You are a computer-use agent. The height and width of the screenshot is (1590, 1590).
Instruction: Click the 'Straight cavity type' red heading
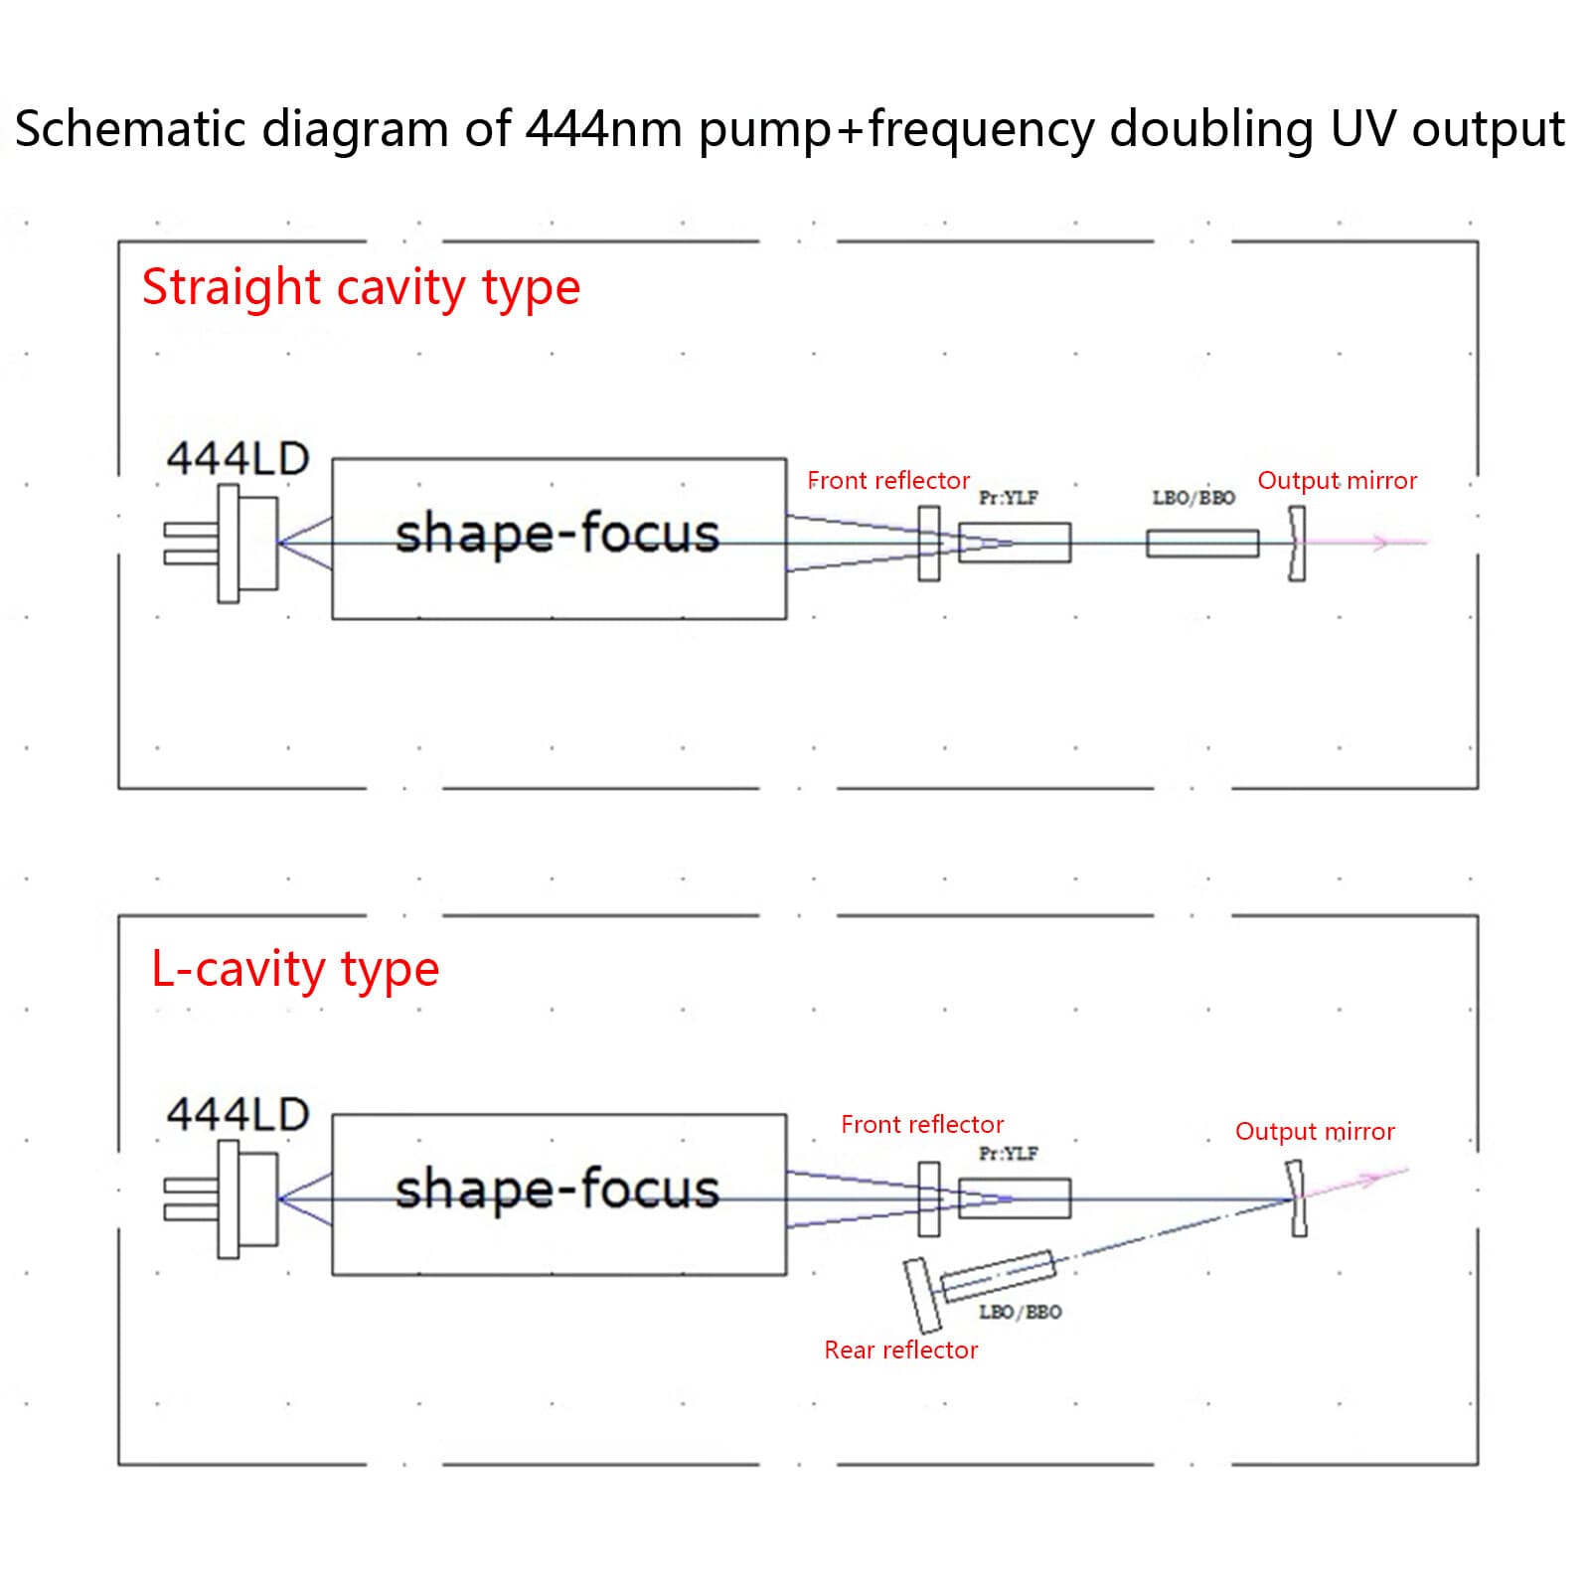361,288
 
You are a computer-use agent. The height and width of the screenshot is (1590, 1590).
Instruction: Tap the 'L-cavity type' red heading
295,969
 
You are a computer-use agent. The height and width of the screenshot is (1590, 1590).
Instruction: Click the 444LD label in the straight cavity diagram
238,459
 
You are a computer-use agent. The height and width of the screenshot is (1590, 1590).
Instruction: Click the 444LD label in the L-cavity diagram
238,1115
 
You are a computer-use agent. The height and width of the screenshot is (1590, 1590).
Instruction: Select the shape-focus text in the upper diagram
556,534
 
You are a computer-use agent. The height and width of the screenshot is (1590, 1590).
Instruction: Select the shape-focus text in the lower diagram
556,1190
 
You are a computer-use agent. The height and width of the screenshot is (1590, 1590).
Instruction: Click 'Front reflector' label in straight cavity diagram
888,481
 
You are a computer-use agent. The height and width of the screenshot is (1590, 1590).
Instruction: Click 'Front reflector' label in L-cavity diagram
922,1125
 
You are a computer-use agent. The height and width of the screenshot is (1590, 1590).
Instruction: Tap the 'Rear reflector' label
900,1351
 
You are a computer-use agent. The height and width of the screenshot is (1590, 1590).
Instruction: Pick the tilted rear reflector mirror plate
922,1295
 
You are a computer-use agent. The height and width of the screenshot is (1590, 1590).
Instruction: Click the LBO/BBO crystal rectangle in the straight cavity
1202,544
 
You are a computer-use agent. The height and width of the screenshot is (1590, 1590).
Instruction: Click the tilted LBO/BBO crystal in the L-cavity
998,1276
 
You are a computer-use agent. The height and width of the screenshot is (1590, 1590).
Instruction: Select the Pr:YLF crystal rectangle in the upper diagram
1015,543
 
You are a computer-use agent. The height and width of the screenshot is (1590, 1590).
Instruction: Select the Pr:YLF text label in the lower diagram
1008,1154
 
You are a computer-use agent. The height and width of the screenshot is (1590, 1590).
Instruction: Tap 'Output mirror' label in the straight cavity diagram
1337,481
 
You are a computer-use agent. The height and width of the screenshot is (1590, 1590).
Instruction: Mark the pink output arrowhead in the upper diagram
1378,543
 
